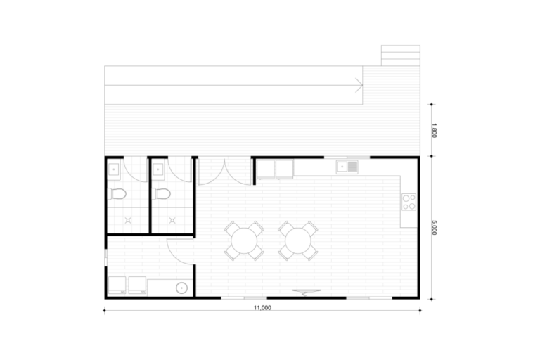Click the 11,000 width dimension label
(262, 308)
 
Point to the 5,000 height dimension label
(434, 228)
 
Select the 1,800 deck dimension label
(434, 130)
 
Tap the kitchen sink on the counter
(347, 167)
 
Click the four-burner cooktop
(409, 202)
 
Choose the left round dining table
(245, 240)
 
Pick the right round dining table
(298, 240)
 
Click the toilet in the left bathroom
(117, 194)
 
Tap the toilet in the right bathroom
(161, 194)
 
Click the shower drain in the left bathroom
(128, 220)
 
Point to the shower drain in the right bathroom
(172, 220)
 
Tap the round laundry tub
(181, 288)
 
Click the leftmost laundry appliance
(117, 285)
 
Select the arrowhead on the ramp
(359, 85)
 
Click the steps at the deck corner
(401, 56)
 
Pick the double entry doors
(225, 172)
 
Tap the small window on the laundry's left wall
(105, 258)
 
